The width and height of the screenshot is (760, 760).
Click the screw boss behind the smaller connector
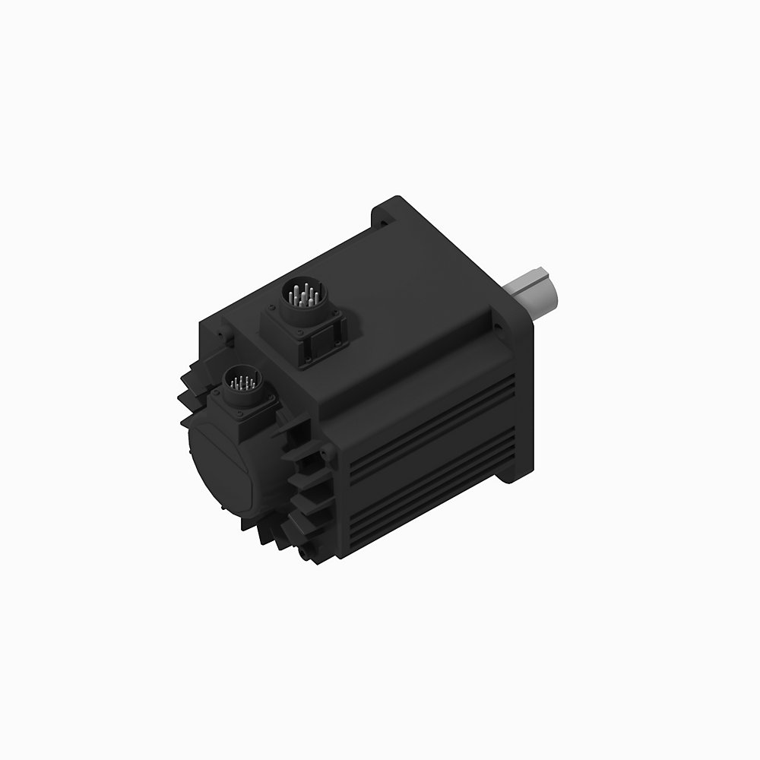pos(221,335)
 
